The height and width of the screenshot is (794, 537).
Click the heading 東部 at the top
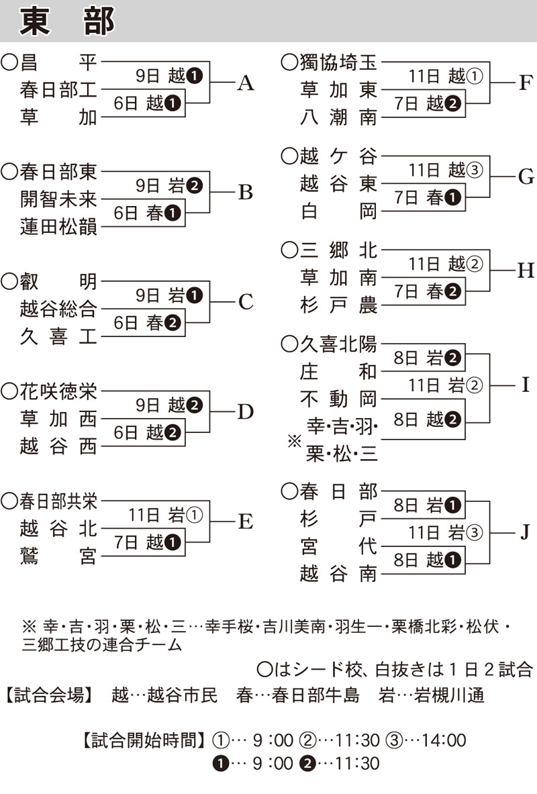tap(67, 21)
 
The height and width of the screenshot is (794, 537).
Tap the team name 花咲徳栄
tap(59, 391)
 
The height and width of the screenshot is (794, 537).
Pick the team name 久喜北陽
tap(339, 345)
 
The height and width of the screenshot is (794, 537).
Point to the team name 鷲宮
tap(59, 556)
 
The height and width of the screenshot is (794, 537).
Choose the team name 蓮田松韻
tap(59, 228)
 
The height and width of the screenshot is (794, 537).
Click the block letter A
tap(246, 83)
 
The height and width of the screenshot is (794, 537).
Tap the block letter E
tap(246, 522)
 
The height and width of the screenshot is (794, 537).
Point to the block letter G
tap(526, 177)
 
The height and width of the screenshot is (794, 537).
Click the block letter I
tap(525, 385)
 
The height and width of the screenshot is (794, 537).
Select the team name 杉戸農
tap(339, 306)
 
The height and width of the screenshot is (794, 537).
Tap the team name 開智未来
tap(59, 199)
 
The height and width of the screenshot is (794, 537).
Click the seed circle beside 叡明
tap(9, 281)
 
